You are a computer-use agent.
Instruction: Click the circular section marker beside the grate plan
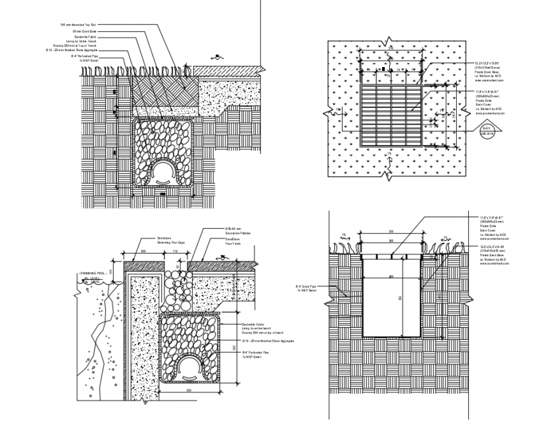pos(487,131)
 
